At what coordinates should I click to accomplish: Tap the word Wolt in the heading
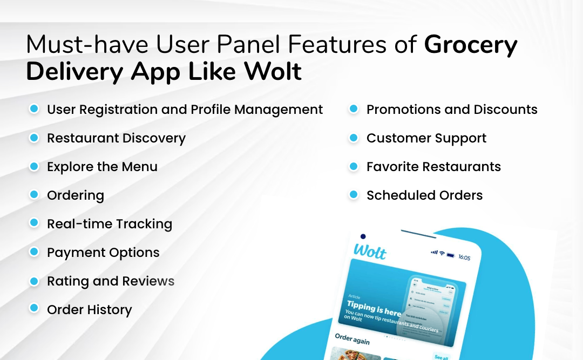point(270,72)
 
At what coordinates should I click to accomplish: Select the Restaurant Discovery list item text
point(116,138)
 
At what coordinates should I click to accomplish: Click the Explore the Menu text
point(102,167)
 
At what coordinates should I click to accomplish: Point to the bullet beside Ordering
point(34,195)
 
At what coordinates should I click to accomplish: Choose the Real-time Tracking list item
point(110,224)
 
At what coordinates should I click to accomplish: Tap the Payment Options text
point(103,253)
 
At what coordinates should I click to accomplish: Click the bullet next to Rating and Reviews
point(34,281)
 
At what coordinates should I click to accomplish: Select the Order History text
point(89,310)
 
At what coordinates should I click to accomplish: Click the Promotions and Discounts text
point(452,110)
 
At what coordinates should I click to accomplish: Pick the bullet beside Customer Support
point(354,138)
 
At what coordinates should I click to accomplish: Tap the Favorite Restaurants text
point(433,167)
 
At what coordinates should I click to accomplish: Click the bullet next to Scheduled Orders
point(354,195)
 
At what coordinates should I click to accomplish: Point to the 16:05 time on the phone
point(464,257)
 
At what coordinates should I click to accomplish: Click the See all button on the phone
point(441,357)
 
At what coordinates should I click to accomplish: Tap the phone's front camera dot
point(363,236)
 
